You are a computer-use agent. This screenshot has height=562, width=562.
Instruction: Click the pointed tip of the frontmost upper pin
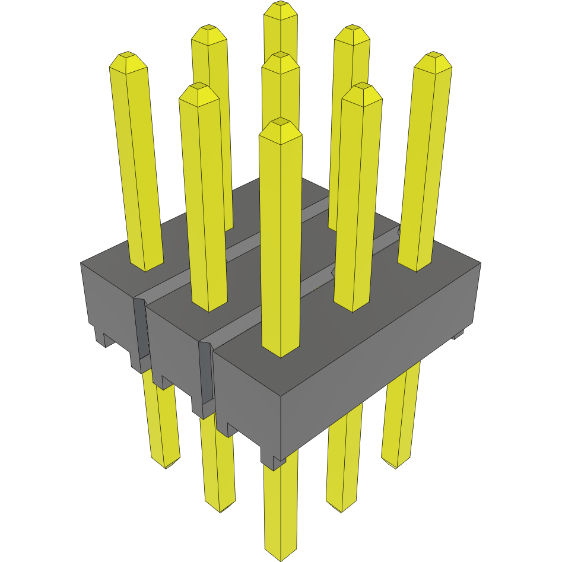pyautogui.click(x=281, y=124)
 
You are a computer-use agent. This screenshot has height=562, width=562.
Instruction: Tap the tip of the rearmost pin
pyautogui.click(x=281, y=7)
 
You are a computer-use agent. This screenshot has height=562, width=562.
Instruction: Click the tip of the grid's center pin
pyautogui.click(x=280, y=58)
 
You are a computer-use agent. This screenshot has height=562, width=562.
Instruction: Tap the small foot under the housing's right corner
pyautogui.click(x=458, y=335)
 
